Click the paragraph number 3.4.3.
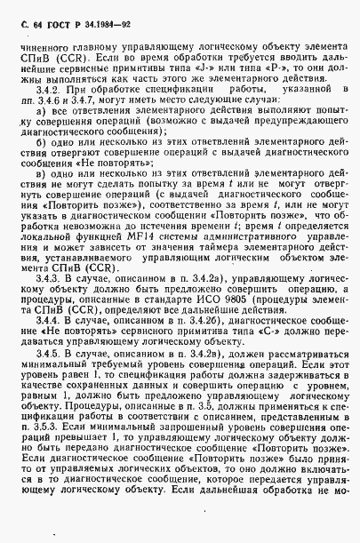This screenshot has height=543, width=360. [66, 303]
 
